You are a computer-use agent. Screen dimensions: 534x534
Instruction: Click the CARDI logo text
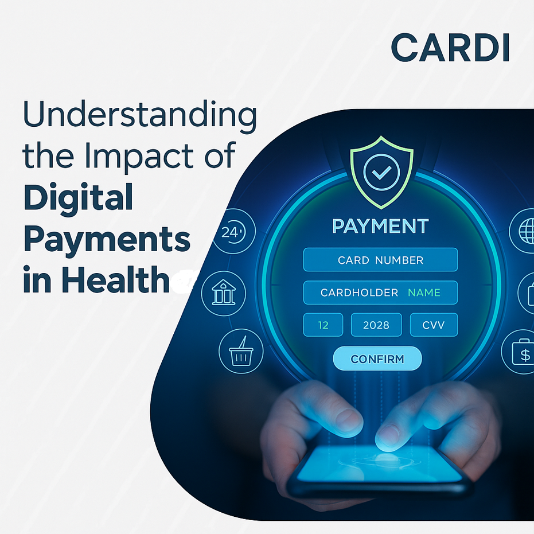(450, 48)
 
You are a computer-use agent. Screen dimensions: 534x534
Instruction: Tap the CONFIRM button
(377, 359)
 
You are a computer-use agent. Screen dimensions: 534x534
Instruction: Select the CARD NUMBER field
(380, 260)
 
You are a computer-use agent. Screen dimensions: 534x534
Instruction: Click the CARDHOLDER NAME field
(380, 293)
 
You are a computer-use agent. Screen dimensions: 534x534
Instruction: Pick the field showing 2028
(376, 325)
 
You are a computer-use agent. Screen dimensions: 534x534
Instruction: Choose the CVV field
(434, 325)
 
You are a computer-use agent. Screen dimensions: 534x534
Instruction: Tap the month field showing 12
(323, 325)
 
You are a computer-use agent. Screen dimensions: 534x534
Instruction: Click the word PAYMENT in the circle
(380, 226)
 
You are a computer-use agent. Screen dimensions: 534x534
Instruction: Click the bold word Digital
(78, 198)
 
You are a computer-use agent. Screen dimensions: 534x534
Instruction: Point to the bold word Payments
(107, 240)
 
